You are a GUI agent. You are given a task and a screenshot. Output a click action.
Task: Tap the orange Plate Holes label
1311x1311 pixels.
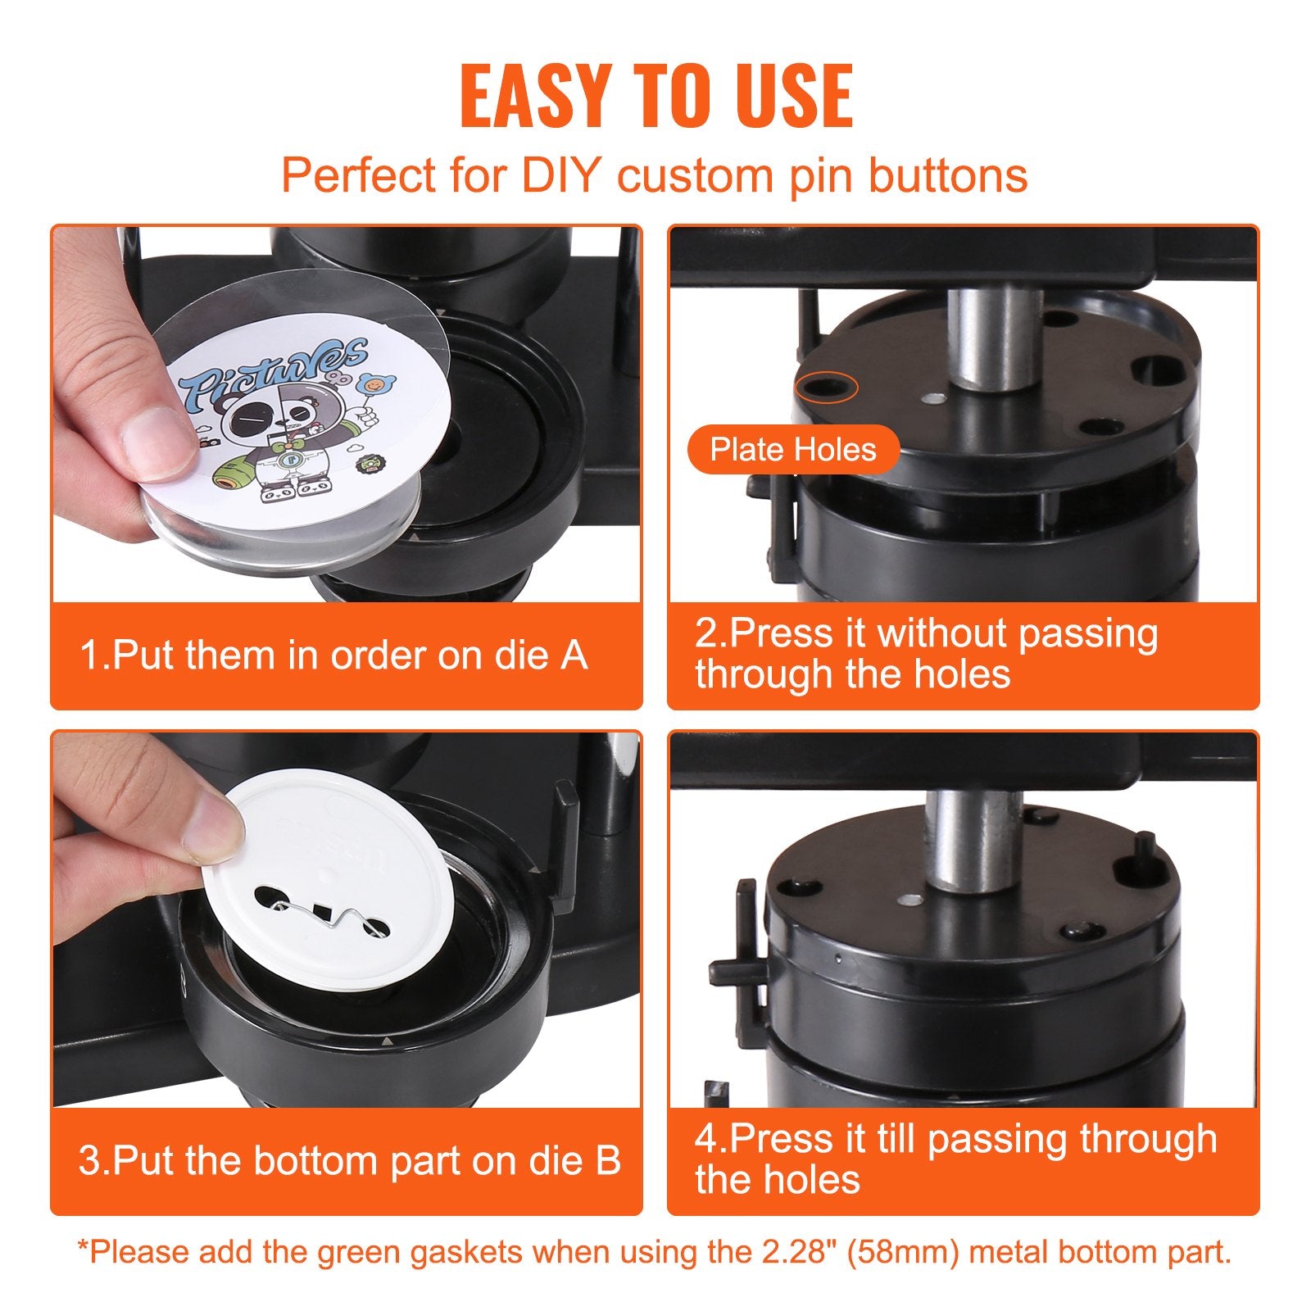(792, 449)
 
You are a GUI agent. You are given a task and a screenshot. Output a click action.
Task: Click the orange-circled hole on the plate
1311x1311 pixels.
(826, 387)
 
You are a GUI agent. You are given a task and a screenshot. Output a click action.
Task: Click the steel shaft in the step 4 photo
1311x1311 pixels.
(973, 840)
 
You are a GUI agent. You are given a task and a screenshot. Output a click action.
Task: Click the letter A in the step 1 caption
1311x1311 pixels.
(573, 655)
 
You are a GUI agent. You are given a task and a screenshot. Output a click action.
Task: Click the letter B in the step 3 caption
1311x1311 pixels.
(607, 1161)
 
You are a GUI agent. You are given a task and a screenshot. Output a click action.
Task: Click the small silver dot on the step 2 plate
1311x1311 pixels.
(932, 399)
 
